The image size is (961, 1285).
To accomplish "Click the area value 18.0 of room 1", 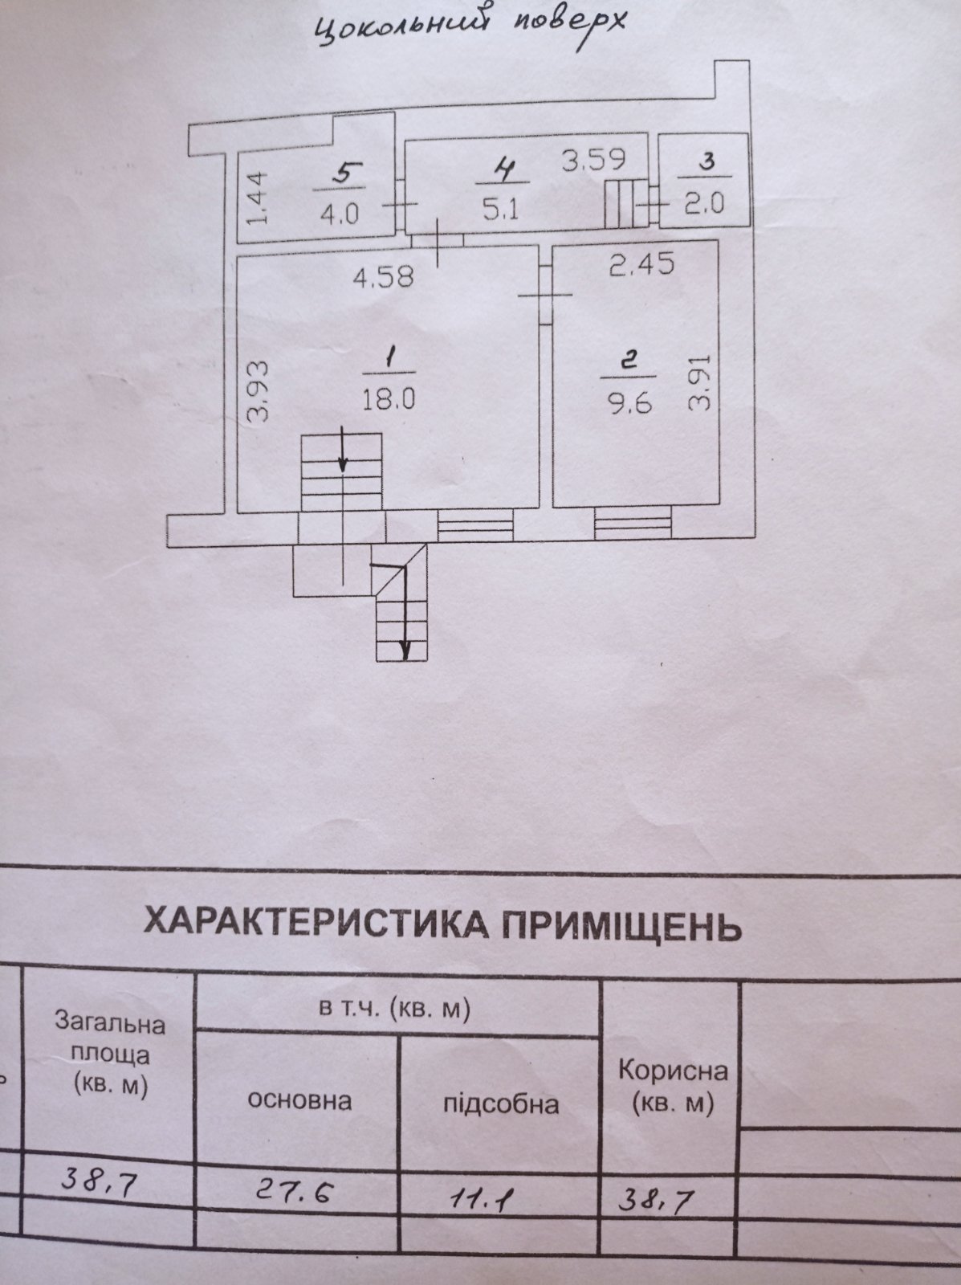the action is tap(388, 401).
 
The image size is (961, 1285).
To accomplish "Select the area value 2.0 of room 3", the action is tap(705, 204).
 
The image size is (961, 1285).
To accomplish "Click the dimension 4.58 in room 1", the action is tap(383, 276).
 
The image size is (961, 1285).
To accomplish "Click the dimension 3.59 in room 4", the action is tap(593, 159).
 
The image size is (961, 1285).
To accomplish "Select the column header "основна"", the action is tap(299, 1101).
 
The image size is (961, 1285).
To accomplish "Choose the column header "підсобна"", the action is tap(501, 1103).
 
